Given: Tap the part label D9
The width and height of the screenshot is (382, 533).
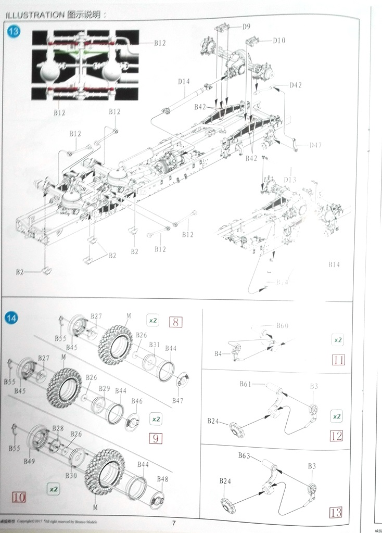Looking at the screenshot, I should [246, 26].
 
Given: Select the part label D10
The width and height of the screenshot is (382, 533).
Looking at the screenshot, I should [279, 40].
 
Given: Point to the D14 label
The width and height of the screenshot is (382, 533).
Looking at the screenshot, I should [184, 81].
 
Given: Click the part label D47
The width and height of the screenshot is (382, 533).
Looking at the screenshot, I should [315, 145].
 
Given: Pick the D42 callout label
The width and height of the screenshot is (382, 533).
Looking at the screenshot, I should [295, 85].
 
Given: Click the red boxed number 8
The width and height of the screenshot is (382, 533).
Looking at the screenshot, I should [175, 322].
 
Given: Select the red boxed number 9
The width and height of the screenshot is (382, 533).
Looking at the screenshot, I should [155, 438].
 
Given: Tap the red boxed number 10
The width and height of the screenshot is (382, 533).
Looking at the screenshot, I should [18, 497].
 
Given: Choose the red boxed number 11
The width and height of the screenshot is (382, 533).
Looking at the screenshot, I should [338, 359].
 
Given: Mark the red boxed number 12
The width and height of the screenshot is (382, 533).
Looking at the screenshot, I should [336, 436].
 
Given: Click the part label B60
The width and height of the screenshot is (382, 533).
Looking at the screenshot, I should [282, 326].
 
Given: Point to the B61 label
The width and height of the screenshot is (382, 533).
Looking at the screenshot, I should [246, 384].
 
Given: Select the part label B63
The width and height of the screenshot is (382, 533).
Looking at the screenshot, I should [245, 455].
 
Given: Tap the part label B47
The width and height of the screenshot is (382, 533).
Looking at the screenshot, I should [178, 401].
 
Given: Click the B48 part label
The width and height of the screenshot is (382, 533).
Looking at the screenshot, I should [162, 479].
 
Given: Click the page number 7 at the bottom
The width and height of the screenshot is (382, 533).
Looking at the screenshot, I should [175, 523].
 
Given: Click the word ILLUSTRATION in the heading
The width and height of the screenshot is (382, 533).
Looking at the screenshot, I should [34, 15].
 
